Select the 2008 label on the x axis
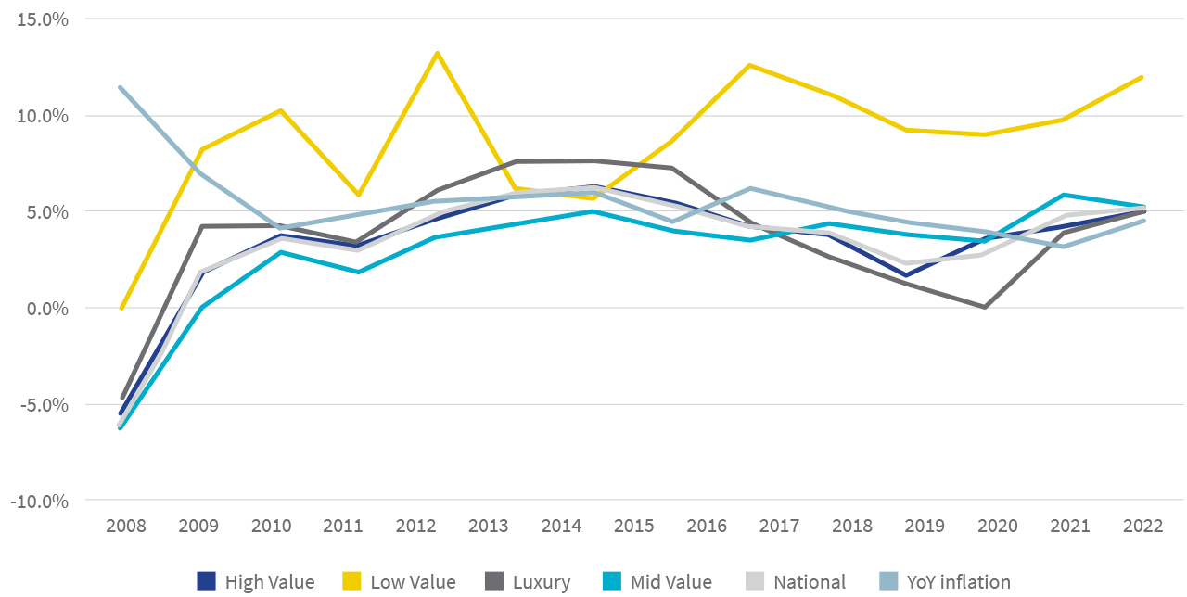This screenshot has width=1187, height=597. click(x=126, y=526)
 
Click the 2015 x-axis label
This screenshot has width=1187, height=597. click(x=634, y=526)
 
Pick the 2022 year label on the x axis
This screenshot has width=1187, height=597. click(x=1142, y=526)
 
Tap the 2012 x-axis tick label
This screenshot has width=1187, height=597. click(x=416, y=526)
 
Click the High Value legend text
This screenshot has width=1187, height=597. click(x=270, y=582)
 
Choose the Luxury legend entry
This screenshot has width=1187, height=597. click(x=541, y=582)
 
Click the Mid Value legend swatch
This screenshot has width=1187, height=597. click(x=611, y=582)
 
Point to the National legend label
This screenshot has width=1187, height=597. click(x=810, y=582)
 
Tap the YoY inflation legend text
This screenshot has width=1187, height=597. click(x=959, y=582)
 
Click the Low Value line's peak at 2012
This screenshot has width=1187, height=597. click(x=437, y=53)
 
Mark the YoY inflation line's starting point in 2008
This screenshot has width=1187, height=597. click(x=120, y=87)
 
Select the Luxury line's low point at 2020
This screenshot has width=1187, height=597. click(x=983, y=307)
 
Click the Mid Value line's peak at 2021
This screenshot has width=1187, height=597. click(x=1064, y=195)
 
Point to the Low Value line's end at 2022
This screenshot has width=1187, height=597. click(x=1142, y=77)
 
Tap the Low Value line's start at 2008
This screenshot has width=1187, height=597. click(x=121, y=309)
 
